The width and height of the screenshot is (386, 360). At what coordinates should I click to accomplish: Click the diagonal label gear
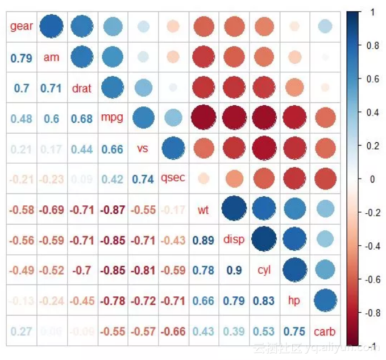coord(22,27)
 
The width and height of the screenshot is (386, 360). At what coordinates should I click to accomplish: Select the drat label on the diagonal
coord(82,88)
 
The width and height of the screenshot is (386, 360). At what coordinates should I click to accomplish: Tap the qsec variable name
coord(173,178)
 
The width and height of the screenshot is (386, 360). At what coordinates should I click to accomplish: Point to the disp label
coord(234,239)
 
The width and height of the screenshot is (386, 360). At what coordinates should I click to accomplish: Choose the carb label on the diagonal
coord(325,331)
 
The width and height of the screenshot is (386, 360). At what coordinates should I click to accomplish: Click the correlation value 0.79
coord(22,57)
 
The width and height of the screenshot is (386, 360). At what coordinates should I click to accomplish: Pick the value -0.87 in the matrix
coord(112,209)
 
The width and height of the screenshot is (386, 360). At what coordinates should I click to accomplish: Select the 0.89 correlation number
coord(204,240)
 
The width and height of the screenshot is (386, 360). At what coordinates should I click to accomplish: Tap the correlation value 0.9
coord(234,270)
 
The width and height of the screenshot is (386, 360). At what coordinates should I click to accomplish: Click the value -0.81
coord(143,270)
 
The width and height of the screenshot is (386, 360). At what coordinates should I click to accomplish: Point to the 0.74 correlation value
coord(143,179)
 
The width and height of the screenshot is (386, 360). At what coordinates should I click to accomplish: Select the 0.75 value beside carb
coord(294,331)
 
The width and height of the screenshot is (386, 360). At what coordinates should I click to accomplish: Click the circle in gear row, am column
coord(52,26)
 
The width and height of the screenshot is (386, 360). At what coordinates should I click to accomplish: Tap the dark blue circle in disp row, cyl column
coord(264,239)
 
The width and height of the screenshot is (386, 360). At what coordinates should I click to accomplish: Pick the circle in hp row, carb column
coord(325,300)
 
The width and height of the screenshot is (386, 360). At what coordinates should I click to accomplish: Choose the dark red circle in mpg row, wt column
coord(204,118)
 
